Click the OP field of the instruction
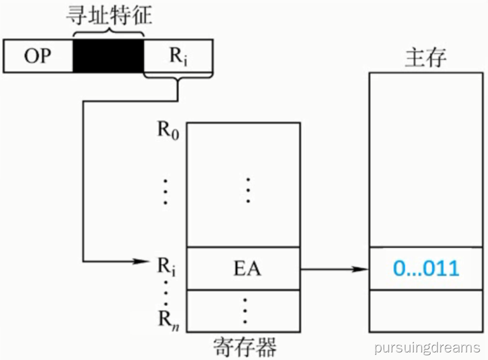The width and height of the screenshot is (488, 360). tap(38, 56)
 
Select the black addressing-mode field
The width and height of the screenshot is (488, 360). tap(109, 56)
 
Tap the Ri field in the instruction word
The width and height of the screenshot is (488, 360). tap(179, 56)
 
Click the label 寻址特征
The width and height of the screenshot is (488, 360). tap(109, 16)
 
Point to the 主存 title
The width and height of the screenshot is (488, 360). tap(426, 57)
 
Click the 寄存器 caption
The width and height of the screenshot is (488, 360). tap(245, 347)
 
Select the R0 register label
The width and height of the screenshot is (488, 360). tap(168, 130)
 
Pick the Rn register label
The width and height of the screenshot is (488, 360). tap(168, 320)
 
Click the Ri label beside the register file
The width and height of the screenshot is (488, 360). tap(166, 267)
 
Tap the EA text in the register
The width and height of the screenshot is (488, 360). tap(247, 269)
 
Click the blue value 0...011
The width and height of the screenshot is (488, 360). tap(426, 268)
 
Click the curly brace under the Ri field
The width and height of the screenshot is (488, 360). tap(179, 76)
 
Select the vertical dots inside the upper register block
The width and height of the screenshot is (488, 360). tap(248, 190)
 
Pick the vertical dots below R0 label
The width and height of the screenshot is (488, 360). tap(165, 191)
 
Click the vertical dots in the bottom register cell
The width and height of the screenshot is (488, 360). tap(245, 311)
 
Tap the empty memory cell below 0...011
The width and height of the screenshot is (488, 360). tap(426, 311)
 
